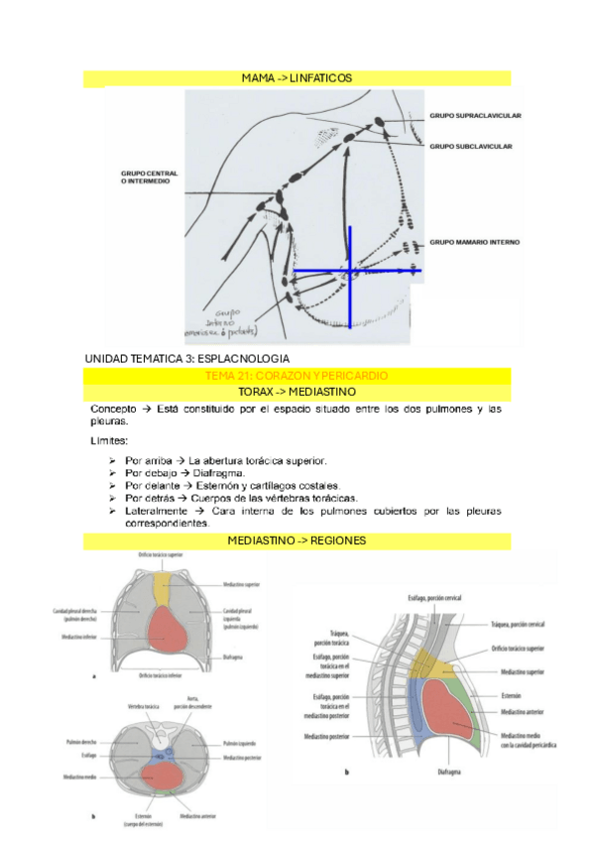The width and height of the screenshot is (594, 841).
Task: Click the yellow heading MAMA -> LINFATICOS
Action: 297,78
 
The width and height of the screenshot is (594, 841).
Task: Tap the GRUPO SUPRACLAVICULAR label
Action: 475,116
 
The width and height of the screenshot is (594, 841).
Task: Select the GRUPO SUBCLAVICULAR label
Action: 470,146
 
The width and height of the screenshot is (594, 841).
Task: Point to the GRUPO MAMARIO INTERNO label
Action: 474,242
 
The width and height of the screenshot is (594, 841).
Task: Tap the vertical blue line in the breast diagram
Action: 349,288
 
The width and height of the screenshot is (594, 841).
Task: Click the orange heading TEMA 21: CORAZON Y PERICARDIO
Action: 296,376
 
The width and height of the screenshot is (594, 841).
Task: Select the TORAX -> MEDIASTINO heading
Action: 296,392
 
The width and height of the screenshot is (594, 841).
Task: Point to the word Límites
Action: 109,440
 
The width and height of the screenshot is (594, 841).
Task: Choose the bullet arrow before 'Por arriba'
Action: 113,461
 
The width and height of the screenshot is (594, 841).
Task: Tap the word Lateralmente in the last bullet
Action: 159,511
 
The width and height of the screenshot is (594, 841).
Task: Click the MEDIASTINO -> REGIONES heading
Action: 297,541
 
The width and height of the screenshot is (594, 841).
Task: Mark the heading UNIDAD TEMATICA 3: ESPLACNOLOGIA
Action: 187,357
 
